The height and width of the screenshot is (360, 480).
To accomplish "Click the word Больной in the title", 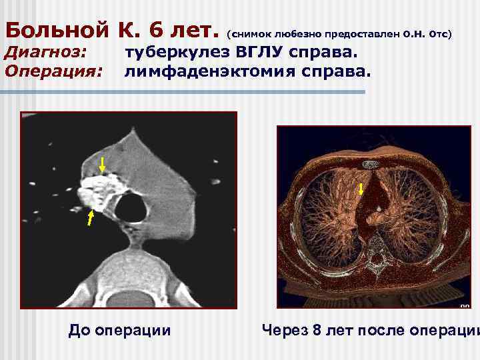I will [x=57, y=30].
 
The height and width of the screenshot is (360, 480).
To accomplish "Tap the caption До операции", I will [x=119, y=330].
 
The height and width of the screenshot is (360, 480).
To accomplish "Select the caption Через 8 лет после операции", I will [x=371, y=330].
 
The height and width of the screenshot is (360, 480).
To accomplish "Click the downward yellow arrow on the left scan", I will [x=102, y=164].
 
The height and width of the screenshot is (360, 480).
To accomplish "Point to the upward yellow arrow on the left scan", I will [x=89, y=219].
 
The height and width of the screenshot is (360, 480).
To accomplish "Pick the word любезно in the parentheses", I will [x=296, y=32].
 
